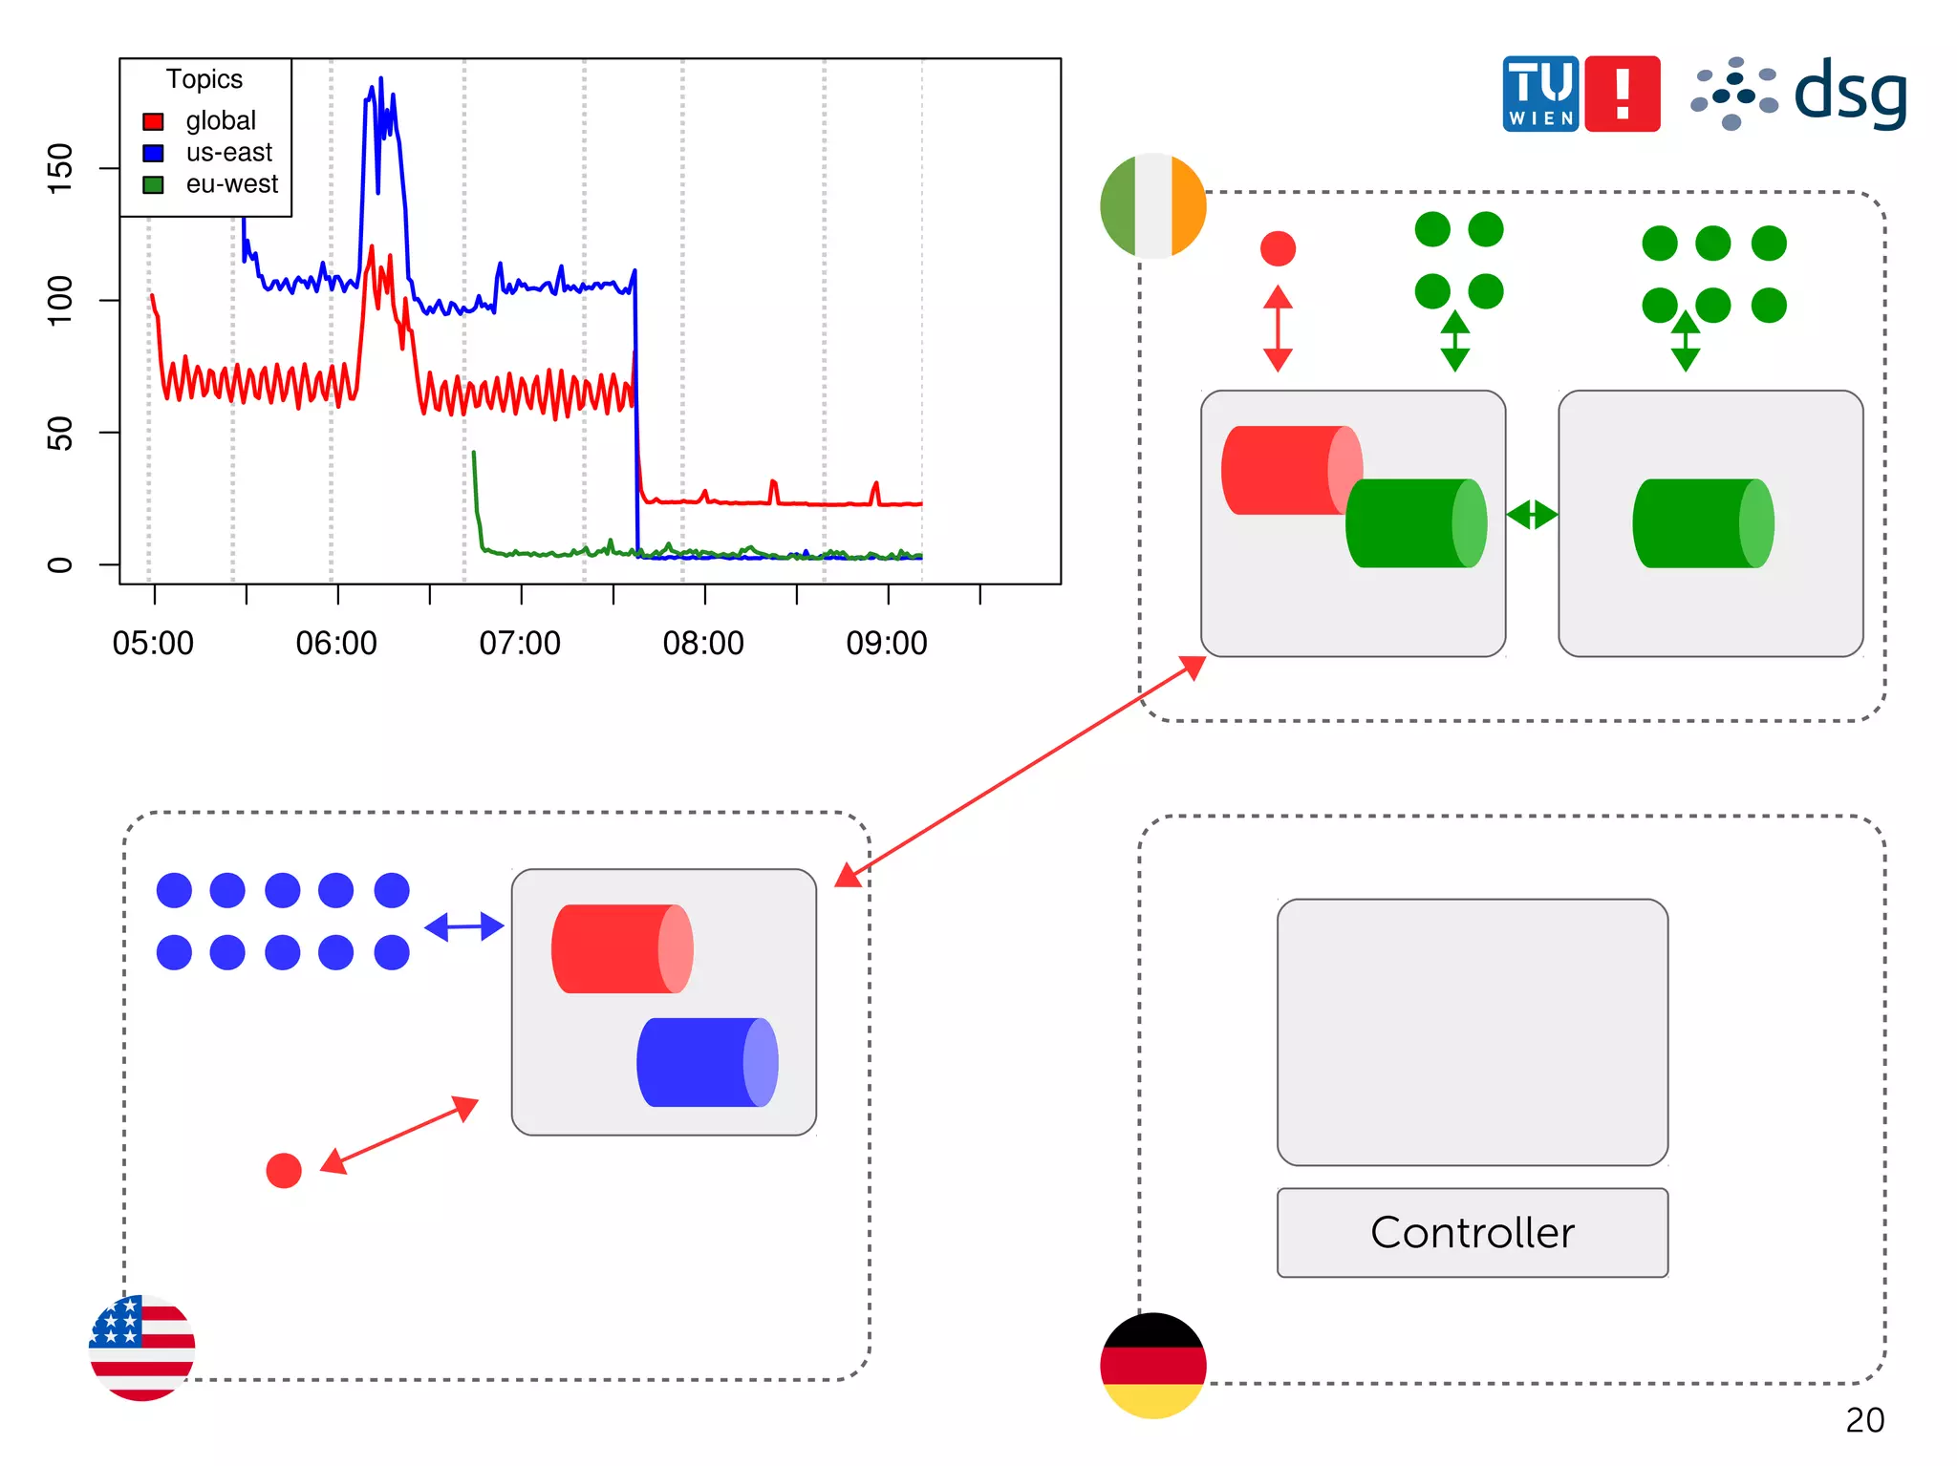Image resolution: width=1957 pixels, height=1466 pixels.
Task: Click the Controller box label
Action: (x=1472, y=1232)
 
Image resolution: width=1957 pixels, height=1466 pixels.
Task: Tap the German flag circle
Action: (x=1153, y=1365)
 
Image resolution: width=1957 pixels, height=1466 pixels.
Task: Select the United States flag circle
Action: (x=142, y=1348)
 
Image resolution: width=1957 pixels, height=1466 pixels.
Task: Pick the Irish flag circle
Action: (x=1153, y=205)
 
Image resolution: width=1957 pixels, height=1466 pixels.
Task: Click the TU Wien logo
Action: (x=1540, y=94)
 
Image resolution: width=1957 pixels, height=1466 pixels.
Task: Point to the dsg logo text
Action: (x=1850, y=94)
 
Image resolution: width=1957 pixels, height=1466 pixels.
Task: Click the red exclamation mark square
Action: (x=1623, y=94)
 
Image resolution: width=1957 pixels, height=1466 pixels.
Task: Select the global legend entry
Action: (x=220, y=121)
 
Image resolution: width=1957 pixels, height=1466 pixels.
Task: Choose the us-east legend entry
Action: (x=227, y=153)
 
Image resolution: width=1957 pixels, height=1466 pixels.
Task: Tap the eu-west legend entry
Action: (x=231, y=184)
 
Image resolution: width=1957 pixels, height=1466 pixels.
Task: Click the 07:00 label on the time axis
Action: (x=520, y=644)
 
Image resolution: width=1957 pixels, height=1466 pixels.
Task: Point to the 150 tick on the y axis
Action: (x=59, y=168)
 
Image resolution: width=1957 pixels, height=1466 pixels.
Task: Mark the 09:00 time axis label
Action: (x=887, y=644)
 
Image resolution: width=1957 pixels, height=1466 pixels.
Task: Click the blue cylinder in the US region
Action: (x=707, y=1062)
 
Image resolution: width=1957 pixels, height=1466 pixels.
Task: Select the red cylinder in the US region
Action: (x=622, y=948)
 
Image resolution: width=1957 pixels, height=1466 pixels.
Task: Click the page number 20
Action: (x=1864, y=1420)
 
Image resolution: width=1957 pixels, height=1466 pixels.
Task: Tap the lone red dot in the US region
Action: (x=284, y=1170)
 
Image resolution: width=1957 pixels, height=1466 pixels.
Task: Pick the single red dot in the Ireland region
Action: (x=1278, y=248)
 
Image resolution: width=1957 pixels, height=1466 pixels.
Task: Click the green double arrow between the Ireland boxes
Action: (x=1532, y=515)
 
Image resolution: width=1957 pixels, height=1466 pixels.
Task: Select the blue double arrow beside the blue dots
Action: (x=464, y=926)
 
